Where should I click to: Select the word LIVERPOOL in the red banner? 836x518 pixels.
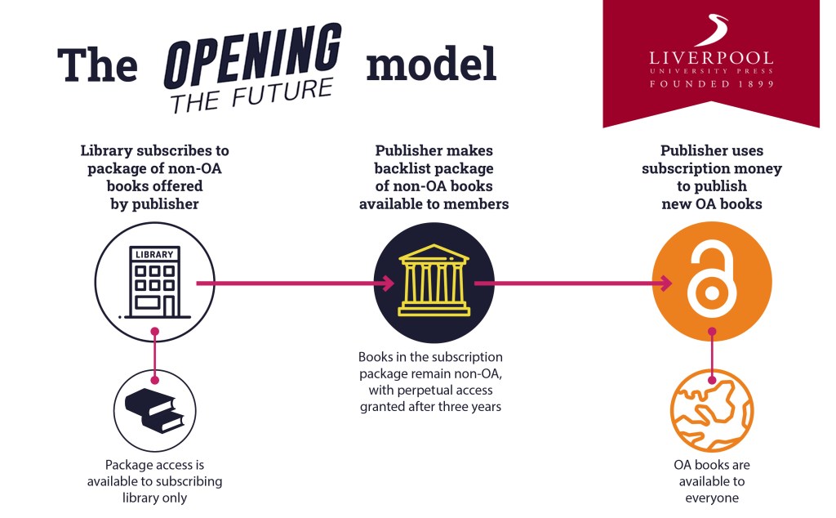[710, 58]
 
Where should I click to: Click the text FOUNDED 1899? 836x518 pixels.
[710, 83]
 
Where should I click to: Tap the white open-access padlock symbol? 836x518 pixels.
[711, 283]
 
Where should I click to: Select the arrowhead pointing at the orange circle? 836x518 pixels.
[666, 284]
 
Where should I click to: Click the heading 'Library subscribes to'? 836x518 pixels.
[154, 151]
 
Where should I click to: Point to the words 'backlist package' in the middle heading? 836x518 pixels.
[434, 169]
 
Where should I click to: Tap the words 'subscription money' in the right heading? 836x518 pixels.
[711, 169]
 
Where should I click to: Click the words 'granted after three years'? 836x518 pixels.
[431, 405]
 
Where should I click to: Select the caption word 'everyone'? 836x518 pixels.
[711, 498]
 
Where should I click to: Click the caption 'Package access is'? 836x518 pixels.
[154, 464]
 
